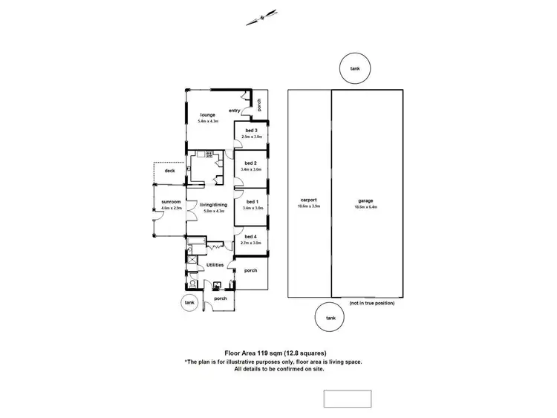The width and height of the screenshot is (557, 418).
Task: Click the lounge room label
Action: point(208,115)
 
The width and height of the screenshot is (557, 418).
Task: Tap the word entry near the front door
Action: point(234,111)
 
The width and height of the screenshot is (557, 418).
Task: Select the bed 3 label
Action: point(251,131)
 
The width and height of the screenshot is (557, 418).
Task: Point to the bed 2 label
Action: point(251,163)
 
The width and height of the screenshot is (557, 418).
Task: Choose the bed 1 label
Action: point(251,201)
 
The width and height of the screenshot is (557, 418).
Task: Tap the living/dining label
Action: point(213,205)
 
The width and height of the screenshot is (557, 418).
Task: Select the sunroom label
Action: point(171,201)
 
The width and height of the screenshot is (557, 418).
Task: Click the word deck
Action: point(169,171)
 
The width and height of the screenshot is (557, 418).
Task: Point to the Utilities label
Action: point(215,264)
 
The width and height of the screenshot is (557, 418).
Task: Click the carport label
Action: point(309,200)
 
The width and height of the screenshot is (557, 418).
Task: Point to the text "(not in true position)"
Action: point(371,303)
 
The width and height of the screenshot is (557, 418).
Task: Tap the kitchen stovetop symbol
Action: point(209,155)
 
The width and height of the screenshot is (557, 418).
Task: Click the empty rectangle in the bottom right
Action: point(348,397)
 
